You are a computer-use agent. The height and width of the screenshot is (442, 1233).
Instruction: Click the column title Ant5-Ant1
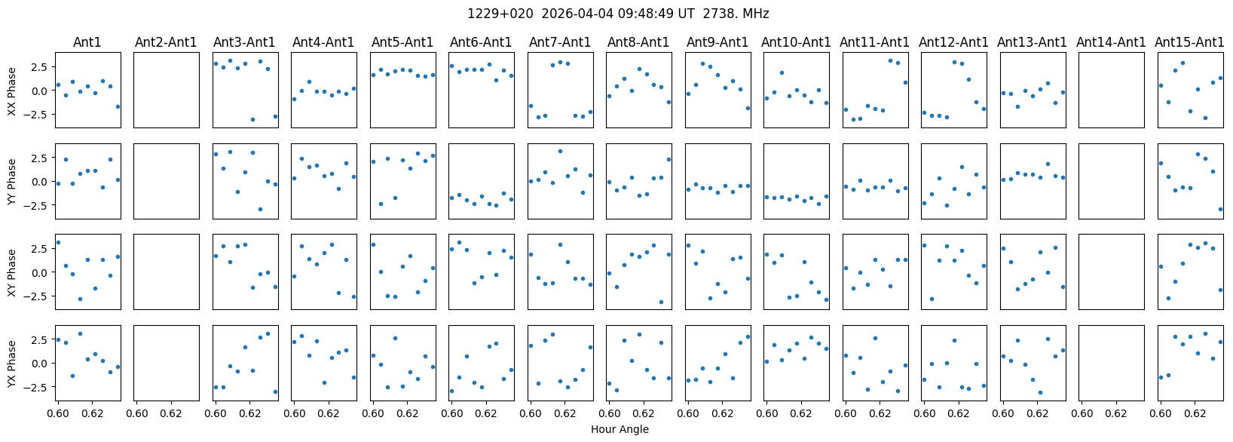402,42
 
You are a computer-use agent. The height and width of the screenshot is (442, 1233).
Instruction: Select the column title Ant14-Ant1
1111,42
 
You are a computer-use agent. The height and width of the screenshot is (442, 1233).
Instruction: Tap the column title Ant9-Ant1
717,42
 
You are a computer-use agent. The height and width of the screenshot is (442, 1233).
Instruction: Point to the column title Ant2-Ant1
166,42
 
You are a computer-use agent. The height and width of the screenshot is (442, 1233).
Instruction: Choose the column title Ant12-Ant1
953,42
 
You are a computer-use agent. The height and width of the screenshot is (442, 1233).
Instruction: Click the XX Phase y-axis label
11,91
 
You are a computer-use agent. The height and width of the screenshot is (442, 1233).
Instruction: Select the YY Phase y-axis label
11,182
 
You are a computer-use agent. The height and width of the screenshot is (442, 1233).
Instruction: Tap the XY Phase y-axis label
11,273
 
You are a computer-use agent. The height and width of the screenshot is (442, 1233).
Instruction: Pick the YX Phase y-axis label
11,364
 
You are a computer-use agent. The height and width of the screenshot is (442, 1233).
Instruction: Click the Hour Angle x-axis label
620,429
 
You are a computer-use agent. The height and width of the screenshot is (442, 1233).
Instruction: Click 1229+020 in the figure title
500,14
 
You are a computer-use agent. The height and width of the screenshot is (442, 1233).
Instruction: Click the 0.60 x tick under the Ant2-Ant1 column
138,413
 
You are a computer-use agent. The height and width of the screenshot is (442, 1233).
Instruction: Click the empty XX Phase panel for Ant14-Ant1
1112,90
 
